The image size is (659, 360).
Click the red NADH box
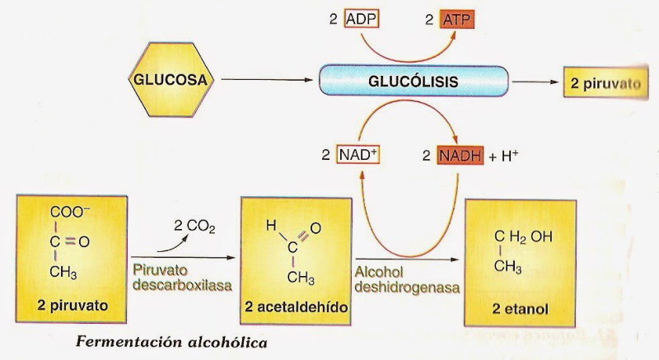pos(459,154)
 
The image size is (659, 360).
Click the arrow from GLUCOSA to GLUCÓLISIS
pos(268,81)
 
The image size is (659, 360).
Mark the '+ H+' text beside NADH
pos(506,154)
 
